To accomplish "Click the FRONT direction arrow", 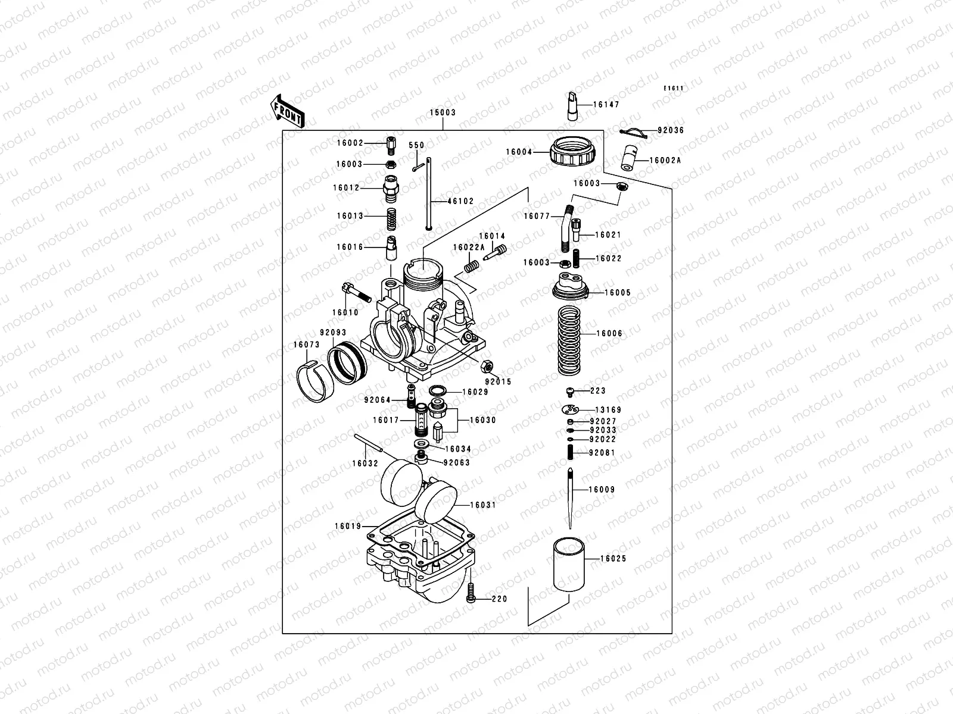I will point(288,111).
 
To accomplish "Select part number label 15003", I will point(443,112).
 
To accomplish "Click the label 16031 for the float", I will point(482,505).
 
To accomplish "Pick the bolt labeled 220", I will point(471,593).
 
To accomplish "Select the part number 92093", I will point(333,333).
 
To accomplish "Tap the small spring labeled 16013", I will point(391,216).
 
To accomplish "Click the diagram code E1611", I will point(674,89).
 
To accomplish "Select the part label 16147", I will point(606,104).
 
